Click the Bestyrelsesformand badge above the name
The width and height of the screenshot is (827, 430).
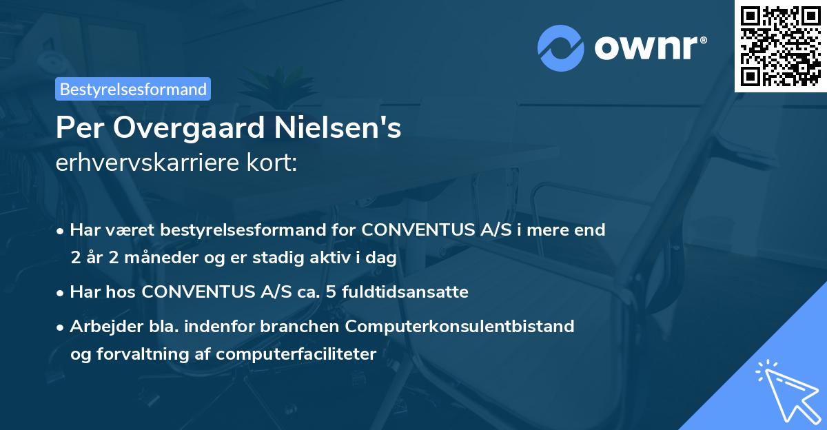click(x=133, y=89)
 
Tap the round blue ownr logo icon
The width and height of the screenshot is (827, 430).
click(x=560, y=48)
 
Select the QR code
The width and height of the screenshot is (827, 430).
click(x=780, y=45)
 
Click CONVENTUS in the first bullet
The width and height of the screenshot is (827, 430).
click(x=417, y=230)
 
